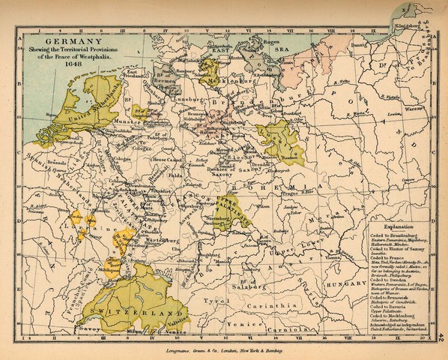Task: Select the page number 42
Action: [442, 341]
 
